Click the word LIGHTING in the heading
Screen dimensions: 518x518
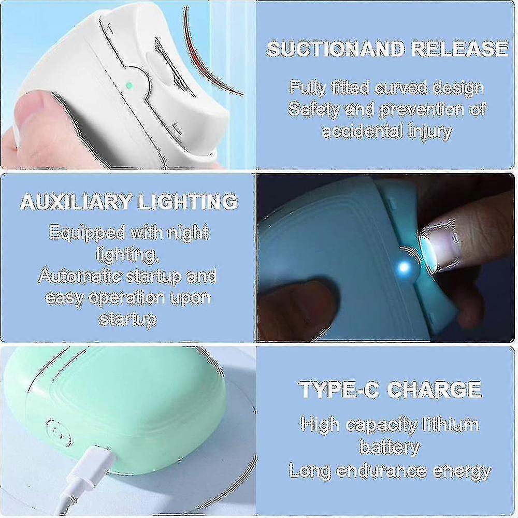pos(189,201)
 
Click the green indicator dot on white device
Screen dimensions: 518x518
pos(129,85)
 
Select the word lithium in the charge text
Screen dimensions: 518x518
pos(450,424)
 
